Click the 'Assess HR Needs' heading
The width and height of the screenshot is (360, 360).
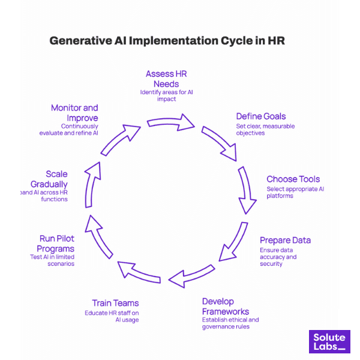click(166, 79)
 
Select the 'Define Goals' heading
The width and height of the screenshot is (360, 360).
click(260, 116)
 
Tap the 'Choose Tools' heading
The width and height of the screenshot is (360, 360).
click(293, 179)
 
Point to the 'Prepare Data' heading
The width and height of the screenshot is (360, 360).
click(285, 241)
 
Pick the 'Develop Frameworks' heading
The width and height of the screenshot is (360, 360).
click(226, 306)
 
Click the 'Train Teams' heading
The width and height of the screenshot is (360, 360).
click(115, 303)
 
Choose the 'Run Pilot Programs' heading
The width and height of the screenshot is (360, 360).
click(57, 244)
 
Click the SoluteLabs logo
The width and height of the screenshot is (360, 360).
click(329, 341)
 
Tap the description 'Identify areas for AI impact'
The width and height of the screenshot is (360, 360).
click(166, 95)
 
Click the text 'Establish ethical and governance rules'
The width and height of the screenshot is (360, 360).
click(230, 323)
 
